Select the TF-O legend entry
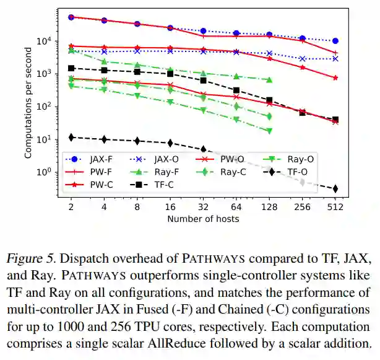point(290,172)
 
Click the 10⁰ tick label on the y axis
point(48,172)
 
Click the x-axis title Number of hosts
point(203,219)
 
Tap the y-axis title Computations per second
point(29,103)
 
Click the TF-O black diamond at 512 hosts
point(335,188)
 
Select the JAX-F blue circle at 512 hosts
point(335,41)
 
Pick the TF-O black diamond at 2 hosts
point(71,137)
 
